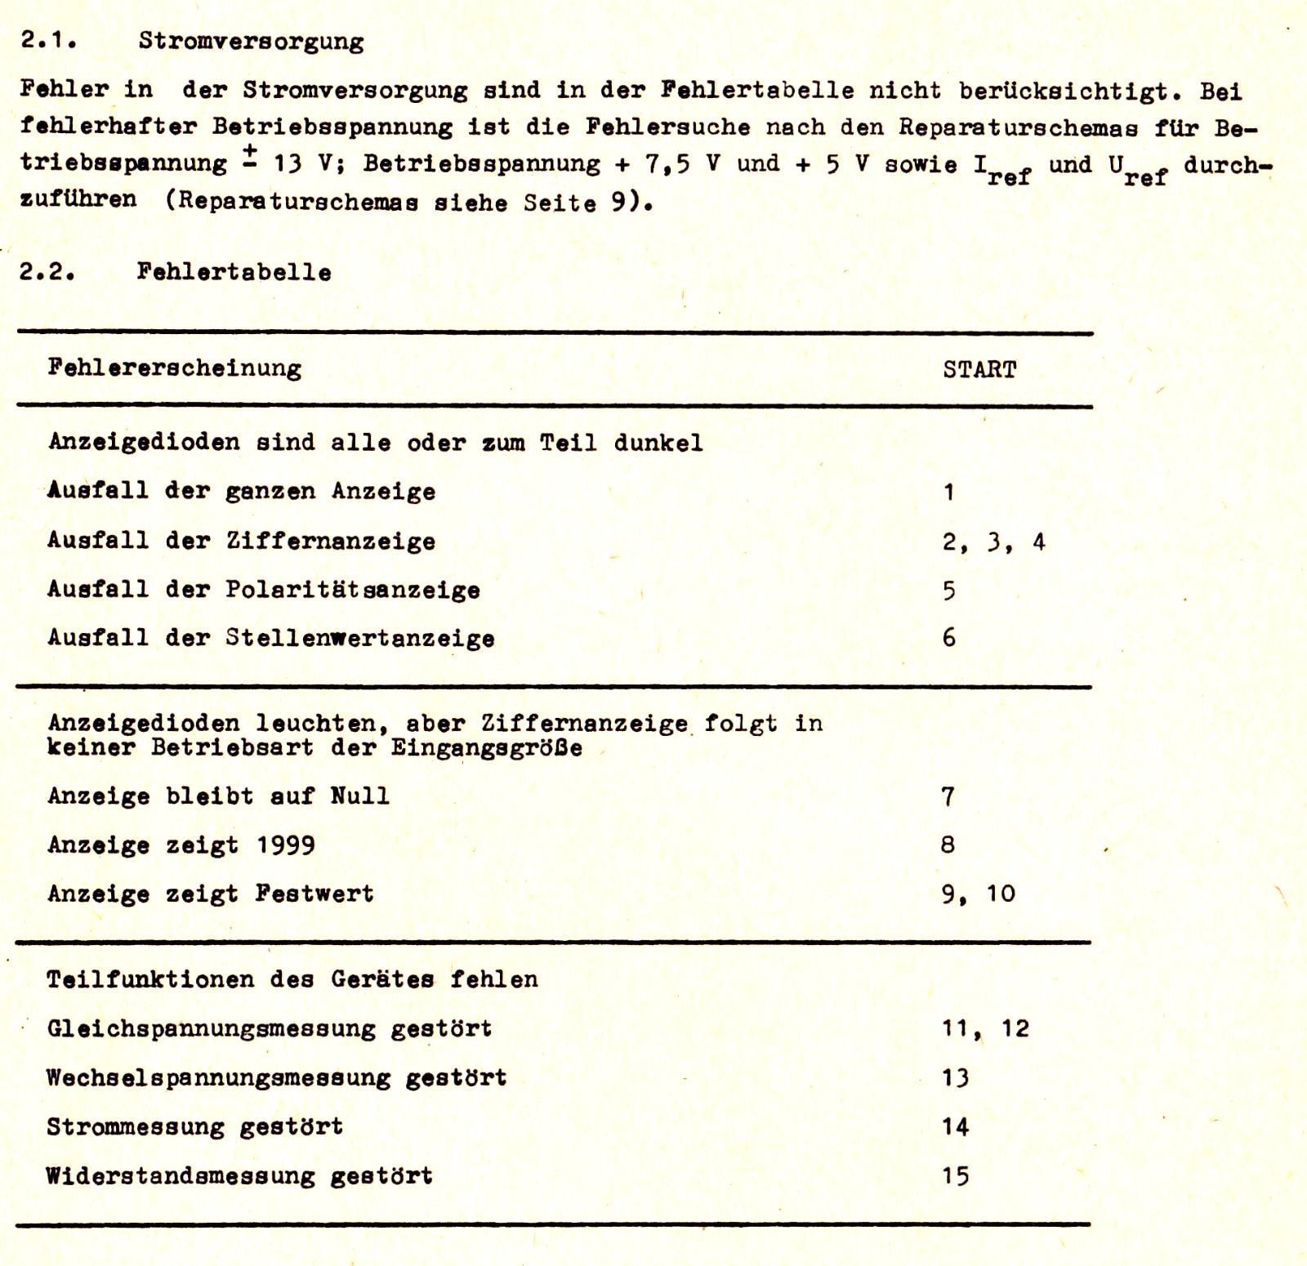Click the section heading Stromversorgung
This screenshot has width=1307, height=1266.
click(x=251, y=41)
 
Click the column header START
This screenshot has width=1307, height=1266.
click(x=979, y=370)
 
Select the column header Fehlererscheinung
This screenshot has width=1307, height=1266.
click(x=174, y=368)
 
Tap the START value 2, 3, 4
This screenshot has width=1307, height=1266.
click(x=993, y=542)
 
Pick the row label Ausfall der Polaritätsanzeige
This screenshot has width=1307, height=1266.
click(x=263, y=590)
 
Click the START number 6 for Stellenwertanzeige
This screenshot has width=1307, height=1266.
click(x=948, y=638)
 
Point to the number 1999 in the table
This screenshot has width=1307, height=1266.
click(x=286, y=845)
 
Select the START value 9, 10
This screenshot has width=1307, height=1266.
click(x=978, y=894)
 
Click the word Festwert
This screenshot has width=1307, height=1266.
click(x=314, y=894)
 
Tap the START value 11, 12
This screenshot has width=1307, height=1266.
click(x=985, y=1028)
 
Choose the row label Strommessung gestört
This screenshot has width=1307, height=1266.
click(x=194, y=1127)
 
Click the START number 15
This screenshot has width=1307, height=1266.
click(x=955, y=1176)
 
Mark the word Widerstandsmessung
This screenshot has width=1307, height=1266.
click(x=180, y=1176)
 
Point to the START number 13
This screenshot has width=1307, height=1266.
click(x=955, y=1078)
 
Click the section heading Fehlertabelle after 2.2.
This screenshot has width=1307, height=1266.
click(x=234, y=272)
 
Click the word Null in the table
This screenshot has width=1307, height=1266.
click(x=359, y=796)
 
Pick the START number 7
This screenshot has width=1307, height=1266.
click(x=948, y=796)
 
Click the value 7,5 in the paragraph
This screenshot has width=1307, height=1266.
click(x=667, y=164)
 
